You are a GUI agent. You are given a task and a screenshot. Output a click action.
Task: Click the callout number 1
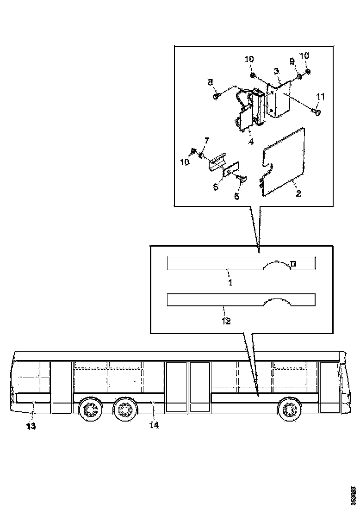point(230,281)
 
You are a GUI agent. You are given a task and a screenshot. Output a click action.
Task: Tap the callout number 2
point(298,193)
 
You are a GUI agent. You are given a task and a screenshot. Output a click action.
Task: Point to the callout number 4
point(250,142)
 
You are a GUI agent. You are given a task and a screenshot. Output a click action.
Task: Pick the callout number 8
point(210,82)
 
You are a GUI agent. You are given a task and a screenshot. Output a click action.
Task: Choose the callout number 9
point(292,61)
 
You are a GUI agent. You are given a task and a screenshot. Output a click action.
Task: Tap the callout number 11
point(321,97)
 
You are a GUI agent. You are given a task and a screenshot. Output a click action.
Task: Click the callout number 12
point(225,321)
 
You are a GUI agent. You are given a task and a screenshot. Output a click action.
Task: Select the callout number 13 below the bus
point(31,426)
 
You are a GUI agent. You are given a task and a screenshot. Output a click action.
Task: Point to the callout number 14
point(154,425)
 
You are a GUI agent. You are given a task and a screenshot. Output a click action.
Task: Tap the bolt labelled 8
point(217,96)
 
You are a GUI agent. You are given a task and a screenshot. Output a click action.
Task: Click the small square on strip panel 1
point(293,264)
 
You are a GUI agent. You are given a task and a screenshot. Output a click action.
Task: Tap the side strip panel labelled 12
point(213,300)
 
